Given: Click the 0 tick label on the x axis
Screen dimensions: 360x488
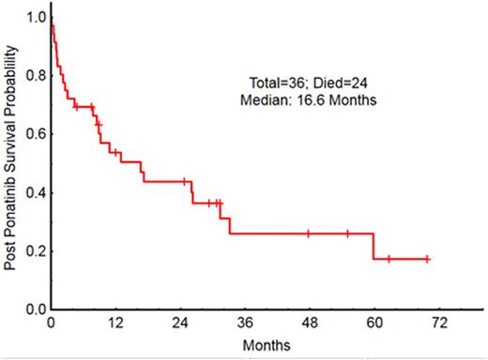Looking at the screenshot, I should coord(52,322).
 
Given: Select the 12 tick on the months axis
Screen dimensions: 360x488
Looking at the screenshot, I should coord(116,322).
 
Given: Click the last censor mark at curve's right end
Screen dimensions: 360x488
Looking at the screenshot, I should coord(427,259).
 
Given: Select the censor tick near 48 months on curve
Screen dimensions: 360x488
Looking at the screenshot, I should coord(308,233).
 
